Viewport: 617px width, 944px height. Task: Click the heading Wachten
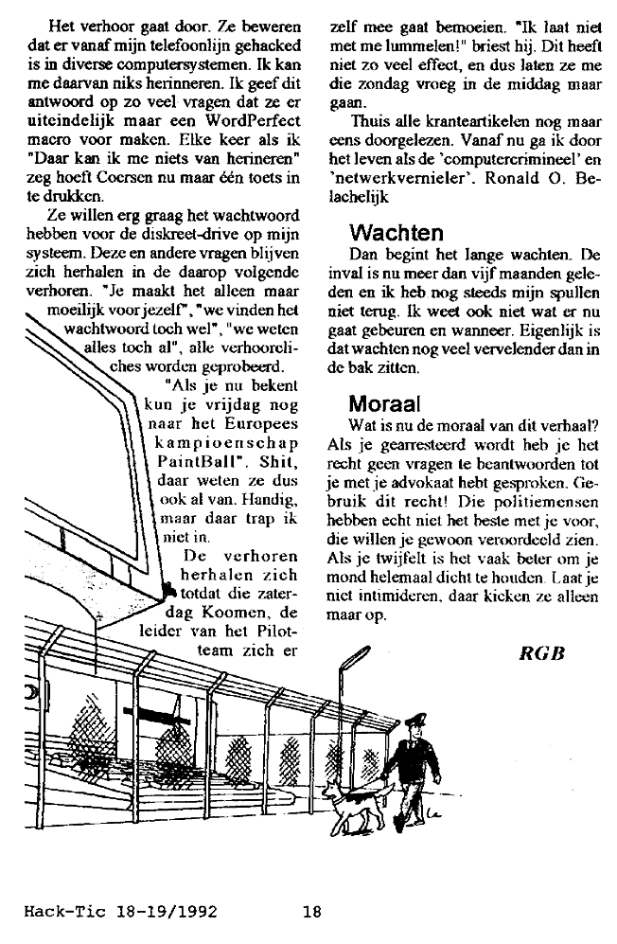tap(395, 232)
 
